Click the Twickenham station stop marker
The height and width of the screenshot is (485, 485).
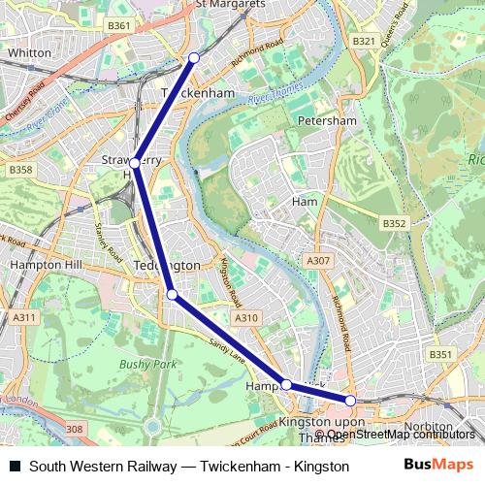pos(194,58)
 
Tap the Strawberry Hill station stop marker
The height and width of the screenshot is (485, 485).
pos(137,164)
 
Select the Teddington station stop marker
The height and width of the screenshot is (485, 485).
pos(172,294)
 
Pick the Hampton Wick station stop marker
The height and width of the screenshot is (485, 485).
pos(287,385)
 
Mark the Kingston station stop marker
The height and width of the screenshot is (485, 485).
pos(350,400)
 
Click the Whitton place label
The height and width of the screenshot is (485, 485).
pos(28,52)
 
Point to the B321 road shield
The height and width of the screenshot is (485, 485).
pos(364,41)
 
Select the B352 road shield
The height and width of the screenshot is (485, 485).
pos(394,224)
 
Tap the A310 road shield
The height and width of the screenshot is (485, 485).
pos(246,317)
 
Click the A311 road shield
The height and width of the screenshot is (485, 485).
pos(24,317)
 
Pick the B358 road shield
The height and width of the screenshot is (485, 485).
pos(20,170)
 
